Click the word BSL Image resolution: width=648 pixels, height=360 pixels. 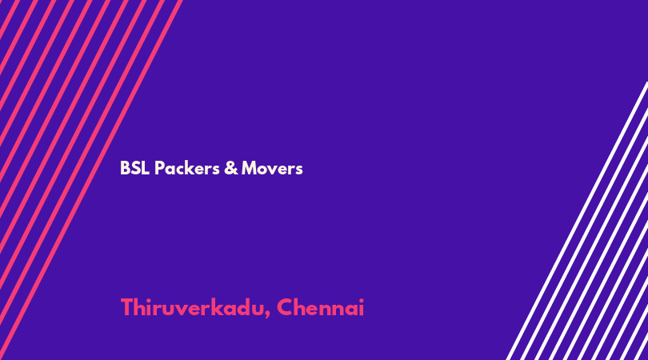[134, 168]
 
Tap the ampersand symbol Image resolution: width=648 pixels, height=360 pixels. [231, 168]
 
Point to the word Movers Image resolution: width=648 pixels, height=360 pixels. [272, 168]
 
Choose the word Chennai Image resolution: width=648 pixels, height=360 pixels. [320, 308]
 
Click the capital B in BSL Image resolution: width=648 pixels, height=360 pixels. [124, 168]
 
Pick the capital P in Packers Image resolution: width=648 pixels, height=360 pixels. [159, 168]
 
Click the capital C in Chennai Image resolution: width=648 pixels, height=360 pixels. [285, 307]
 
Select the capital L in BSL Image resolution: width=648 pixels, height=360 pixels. [146, 168]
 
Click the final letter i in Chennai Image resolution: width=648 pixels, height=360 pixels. [362, 307]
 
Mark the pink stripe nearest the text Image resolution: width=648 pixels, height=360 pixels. [91, 180]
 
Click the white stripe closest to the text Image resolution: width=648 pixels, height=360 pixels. [577, 221]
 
